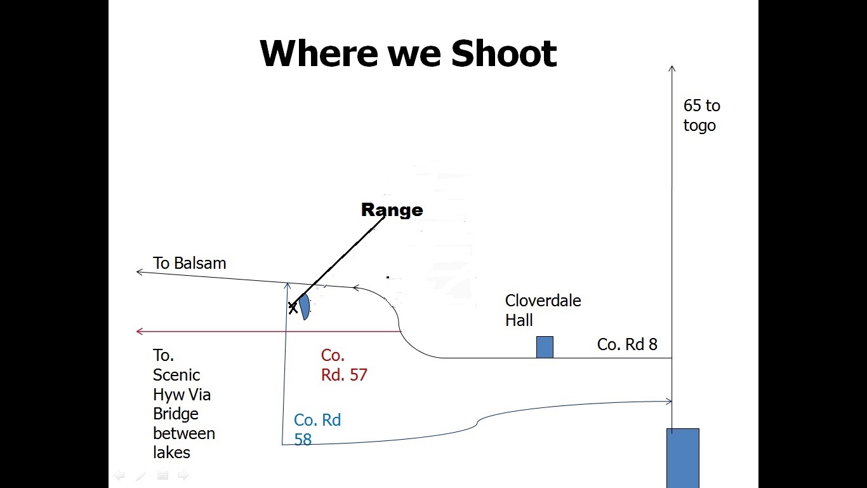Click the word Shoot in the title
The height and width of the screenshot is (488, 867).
504,53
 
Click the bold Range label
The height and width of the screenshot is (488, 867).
392,210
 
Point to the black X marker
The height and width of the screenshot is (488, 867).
293,308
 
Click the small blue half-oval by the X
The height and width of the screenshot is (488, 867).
305,307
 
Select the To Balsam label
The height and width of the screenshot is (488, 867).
189,263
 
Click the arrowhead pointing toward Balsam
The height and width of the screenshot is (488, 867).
140,272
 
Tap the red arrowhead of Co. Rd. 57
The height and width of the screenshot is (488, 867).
140,331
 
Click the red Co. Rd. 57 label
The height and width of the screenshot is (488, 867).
344,365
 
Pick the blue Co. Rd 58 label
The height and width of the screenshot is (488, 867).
317,430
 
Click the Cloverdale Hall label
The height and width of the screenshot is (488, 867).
543,311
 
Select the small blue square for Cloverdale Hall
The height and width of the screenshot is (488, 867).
545,347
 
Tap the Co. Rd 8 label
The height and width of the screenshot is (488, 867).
627,344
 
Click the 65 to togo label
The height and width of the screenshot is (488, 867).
702,116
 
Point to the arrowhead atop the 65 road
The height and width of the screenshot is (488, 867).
672,69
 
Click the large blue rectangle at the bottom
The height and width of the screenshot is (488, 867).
683,458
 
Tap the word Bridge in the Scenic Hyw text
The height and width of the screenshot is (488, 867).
176,414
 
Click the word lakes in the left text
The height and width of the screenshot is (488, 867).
171,452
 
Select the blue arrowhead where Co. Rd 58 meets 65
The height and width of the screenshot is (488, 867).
669,402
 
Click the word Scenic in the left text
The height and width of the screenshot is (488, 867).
176,375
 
